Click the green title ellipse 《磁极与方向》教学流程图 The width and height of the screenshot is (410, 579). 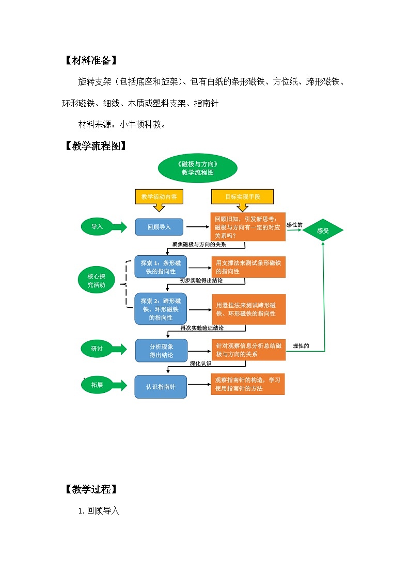click(197, 168)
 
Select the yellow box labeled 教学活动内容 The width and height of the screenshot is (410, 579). click(159, 197)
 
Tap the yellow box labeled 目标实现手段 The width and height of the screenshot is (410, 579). click(242, 197)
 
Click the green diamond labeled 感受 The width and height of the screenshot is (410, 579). click(323, 230)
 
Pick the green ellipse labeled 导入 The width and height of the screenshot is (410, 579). click(97, 226)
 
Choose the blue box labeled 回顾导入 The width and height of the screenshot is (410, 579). click(159, 227)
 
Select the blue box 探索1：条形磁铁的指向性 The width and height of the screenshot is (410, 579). click(161, 267)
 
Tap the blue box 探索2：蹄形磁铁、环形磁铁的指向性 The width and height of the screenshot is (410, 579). click(161, 309)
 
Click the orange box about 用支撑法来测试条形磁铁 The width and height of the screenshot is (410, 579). click(248, 267)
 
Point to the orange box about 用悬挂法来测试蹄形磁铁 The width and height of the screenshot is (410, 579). click(248, 309)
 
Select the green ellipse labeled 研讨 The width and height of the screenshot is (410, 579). click(97, 349)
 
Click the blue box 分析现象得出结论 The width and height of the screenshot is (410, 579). click(161, 351)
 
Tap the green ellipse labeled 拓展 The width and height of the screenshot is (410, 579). click(97, 385)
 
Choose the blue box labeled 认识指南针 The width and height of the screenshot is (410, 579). click(161, 387)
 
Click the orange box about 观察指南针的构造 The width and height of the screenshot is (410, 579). click(248, 384)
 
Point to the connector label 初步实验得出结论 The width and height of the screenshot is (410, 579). click(201, 280)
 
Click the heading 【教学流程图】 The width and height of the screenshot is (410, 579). click(94, 146)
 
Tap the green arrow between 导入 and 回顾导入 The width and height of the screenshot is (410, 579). click(119, 226)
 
